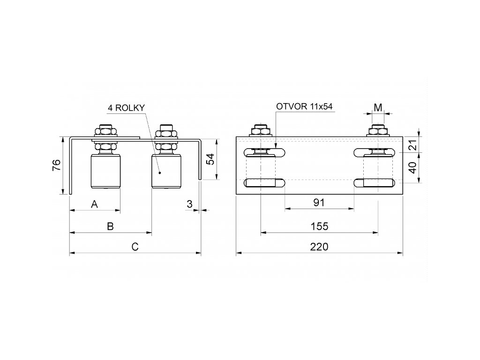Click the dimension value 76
click(56, 165)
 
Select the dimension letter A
click(94, 204)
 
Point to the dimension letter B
click(110, 226)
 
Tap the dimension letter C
click(135, 247)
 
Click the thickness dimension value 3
click(189, 204)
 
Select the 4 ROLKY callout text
click(126, 108)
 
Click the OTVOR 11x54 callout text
click(304, 106)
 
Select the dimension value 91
click(319, 202)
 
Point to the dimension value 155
click(319, 226)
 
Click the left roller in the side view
click(105, 172)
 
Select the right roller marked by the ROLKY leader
click(166, 172)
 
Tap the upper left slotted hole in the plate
click(264, 152)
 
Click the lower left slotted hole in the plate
click(264, 183)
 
